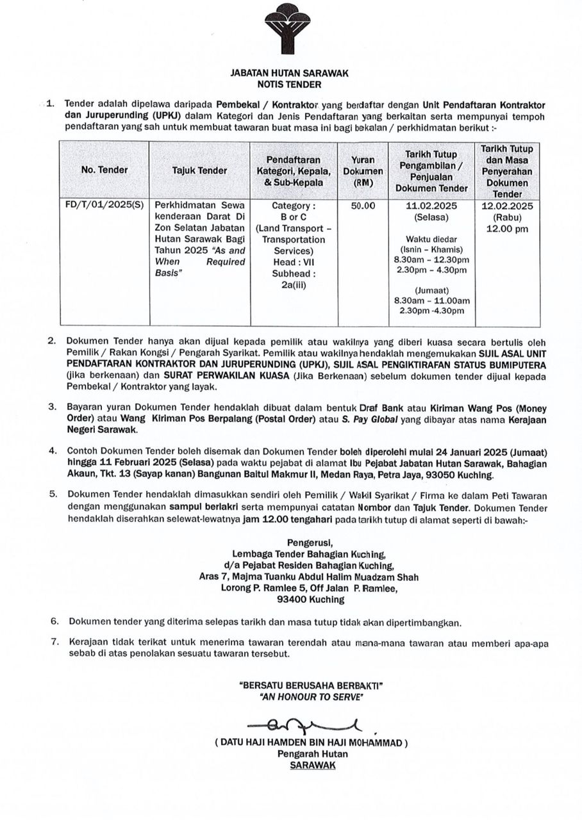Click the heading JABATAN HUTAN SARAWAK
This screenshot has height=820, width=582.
289,74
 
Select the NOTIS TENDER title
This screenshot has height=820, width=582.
289,84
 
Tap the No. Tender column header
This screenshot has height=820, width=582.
104,170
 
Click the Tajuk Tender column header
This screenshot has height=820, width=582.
199,170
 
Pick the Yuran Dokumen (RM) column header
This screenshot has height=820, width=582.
363,171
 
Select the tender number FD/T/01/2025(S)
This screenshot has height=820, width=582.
104,206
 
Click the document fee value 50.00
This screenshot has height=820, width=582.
363,206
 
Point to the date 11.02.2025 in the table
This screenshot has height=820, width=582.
431,206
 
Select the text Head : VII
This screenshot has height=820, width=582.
294,262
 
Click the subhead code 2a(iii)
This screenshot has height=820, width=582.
294,284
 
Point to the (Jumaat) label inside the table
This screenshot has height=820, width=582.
431,290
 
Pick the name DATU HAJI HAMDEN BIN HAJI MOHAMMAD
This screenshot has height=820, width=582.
311,743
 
